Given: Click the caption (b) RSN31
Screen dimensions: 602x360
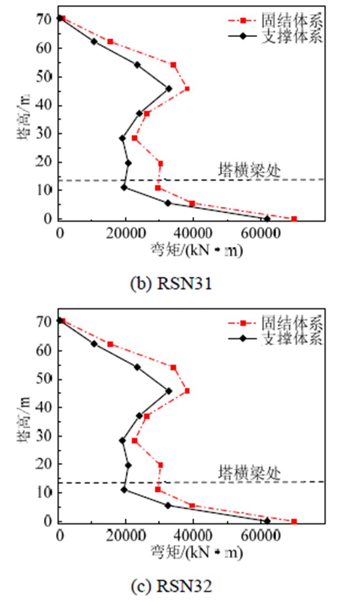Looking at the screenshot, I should pos(171,283).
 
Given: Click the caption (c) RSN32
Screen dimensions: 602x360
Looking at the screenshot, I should pos(171,586).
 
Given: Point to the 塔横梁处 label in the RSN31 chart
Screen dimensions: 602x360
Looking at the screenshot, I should pos(249,170).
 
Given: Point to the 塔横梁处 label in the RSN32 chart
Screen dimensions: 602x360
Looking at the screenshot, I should pos(249,472).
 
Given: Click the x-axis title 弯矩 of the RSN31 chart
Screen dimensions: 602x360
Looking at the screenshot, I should pos(196,251).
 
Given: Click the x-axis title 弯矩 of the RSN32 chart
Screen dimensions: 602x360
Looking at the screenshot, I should pos(196,553).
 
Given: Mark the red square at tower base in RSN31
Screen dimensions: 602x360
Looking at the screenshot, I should pos(294,219).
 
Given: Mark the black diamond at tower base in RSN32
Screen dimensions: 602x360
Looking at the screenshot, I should pos(267,521).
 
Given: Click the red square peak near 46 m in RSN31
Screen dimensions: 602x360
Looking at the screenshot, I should pos(187,89).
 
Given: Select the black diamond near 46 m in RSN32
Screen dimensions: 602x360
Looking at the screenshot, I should pos(169,391).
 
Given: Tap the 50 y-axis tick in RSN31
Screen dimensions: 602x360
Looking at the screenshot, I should pos(48,77).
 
